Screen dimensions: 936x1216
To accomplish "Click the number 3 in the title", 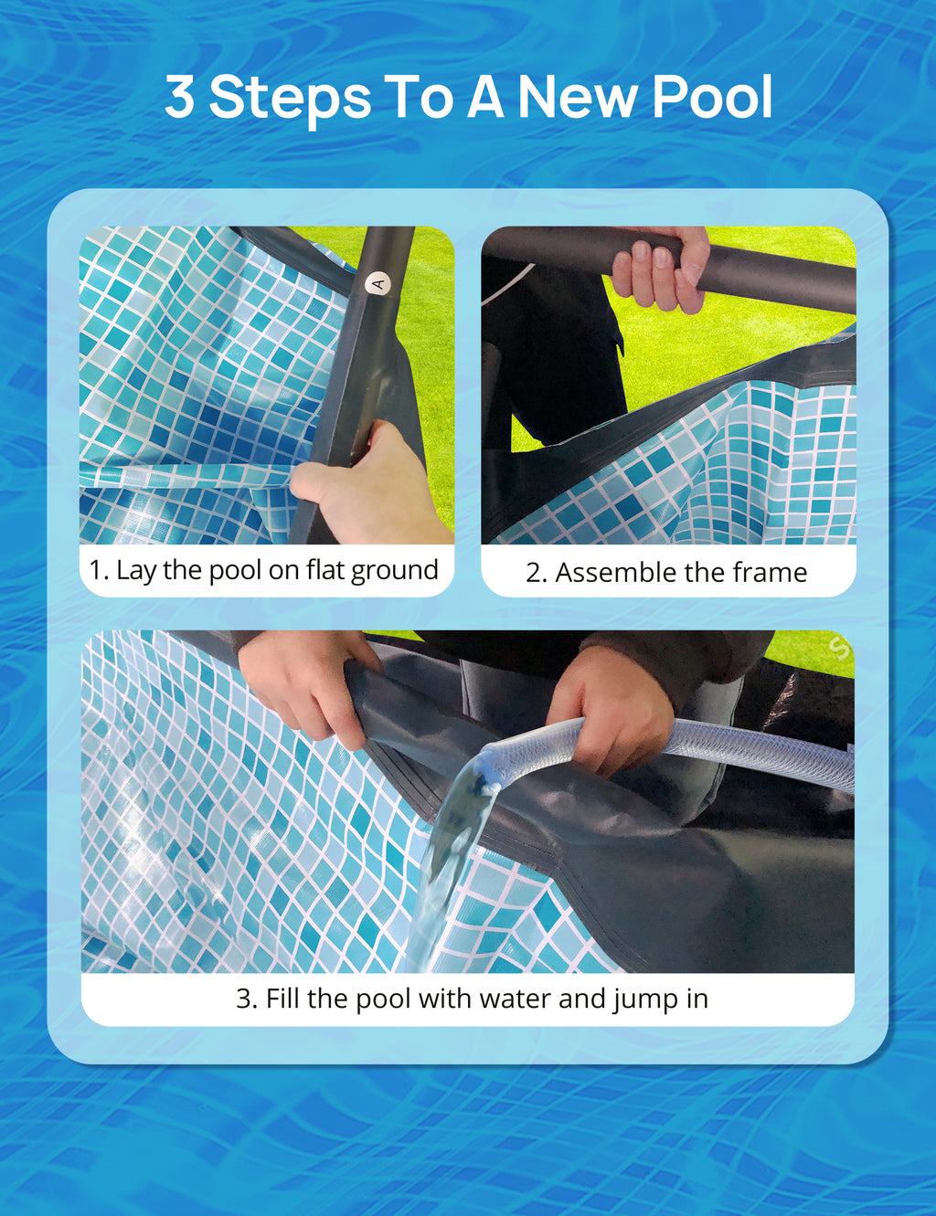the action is point(180,98).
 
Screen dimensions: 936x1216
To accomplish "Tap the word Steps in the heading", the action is point(290,100).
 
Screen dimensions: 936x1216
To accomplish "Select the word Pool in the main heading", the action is point(713,98).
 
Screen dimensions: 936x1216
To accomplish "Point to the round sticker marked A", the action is point(378,284).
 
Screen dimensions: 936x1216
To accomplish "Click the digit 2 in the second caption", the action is point(533,573).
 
